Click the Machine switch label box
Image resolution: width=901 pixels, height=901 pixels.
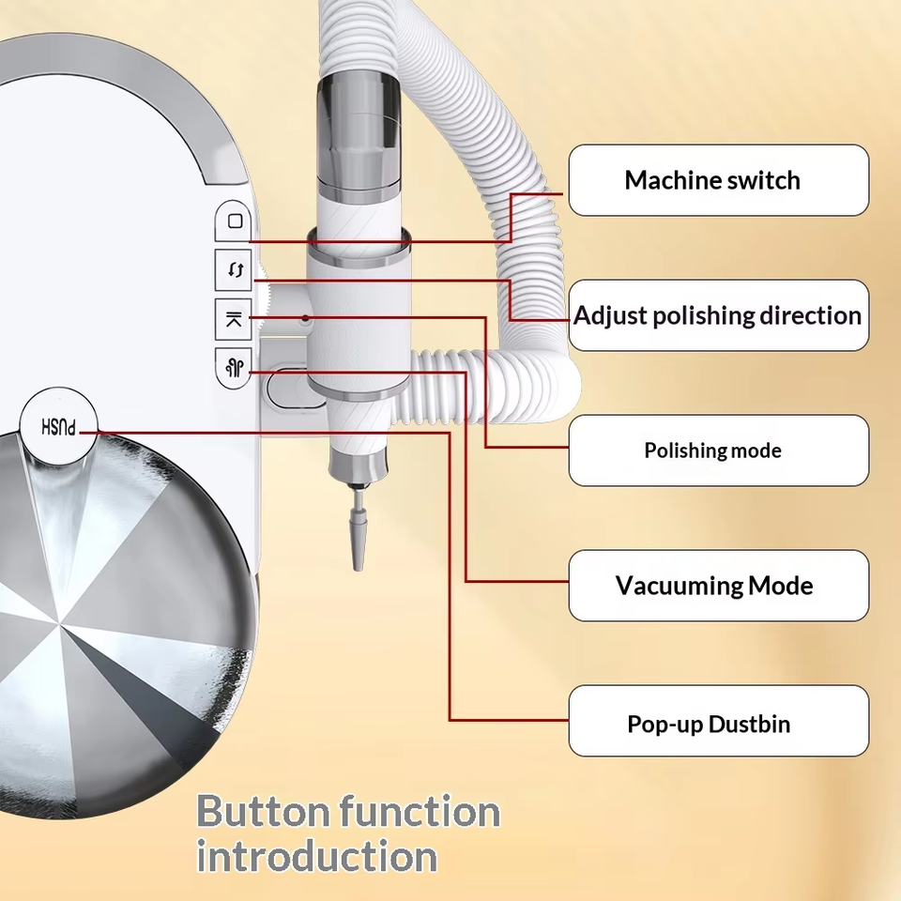pyautogui.click(x=718, y=180)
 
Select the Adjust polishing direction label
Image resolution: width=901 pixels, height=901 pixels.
pyautogui.click(x=718, y=315)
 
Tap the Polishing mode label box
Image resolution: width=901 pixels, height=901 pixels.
pyautogui.click(x=718, y=450)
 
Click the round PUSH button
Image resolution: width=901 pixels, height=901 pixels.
pyautogui.click(x=58, y=426)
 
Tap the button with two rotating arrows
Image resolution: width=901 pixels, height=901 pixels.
pyautogui.click(x=234, y=269)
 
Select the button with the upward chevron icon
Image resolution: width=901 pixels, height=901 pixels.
pyautogui.click(x=234, y=319)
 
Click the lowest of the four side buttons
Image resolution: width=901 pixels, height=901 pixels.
pyautogui.click(x=234, y=368)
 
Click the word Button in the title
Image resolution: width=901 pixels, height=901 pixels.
pyautogui.click(x=263, y=811)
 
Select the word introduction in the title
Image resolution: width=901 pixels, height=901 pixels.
pyautogui.click(x=316, y=856)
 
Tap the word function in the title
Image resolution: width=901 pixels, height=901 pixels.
pyautogui.click(x=420, y=811)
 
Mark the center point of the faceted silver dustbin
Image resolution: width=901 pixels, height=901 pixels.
pyautogui.click(x=60, y=621)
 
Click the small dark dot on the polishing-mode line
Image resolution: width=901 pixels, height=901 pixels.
pyautogui.click(x=305, y=318)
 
